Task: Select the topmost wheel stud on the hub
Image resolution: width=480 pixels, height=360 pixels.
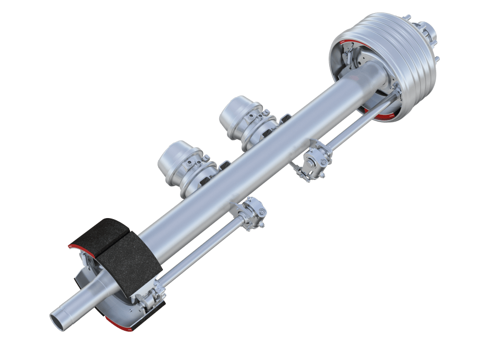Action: pyautogui.click(x=408, y=17)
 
